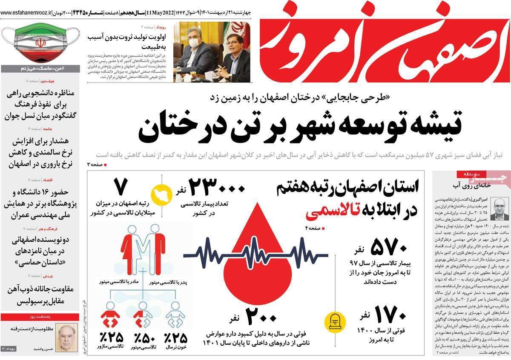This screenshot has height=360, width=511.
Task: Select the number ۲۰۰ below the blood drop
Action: coord(245,318)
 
